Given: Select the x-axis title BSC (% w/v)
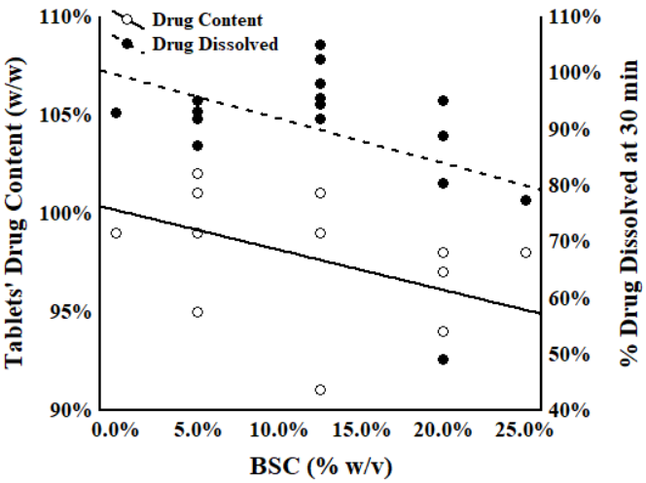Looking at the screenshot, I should tap(321, 466).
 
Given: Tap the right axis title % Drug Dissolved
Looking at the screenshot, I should tap(629, 214).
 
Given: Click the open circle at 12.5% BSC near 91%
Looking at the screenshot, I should tap(320, 390).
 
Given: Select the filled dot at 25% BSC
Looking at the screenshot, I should tap(525, 200).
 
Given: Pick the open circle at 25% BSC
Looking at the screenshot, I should tap(525, 253).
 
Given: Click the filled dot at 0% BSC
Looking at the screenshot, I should tap(116, 113).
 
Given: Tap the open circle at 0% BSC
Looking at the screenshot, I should tap(116, 233).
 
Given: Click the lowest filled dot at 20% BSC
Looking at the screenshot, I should tap(444, 360).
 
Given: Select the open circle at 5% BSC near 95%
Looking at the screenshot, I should tap(197, 312).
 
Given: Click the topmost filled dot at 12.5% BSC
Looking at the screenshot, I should tap(320, 45).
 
